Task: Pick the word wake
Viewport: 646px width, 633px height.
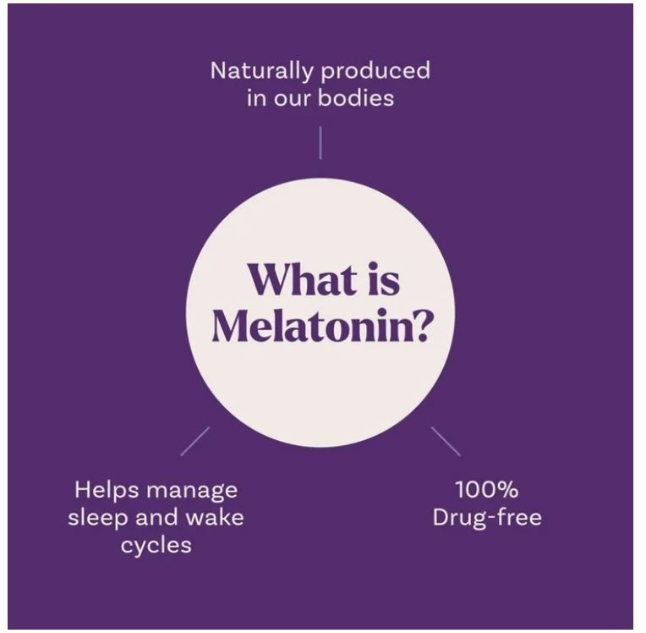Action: click(x=215, y=517)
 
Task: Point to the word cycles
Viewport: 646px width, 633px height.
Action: click(x=156, y=545)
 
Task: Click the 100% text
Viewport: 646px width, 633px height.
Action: click(x=487, y=490)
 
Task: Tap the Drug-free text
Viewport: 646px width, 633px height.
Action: click(x=487, y=517)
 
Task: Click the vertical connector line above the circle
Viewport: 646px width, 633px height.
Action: click(x=320, y=143)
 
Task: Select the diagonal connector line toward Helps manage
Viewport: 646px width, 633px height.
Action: click(x=194, y=441)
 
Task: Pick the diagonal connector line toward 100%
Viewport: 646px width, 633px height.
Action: click(x=446, y=441)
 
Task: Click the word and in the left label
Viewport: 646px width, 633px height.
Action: click(x=157, y=517)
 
